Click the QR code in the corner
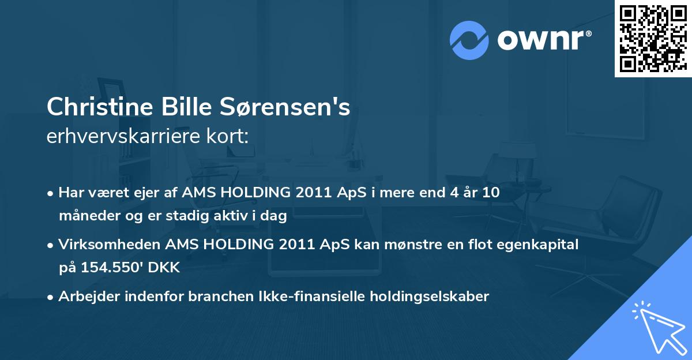click(x=653, y=38)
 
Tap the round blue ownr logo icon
click(x=469, y=40)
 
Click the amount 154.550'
click(x=112, y=268)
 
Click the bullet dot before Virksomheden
click(x=51, y=245)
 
